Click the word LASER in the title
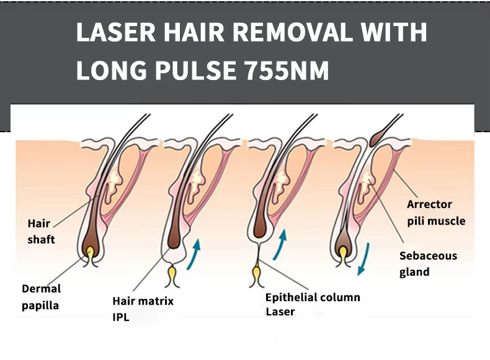pyautogui.click(x=112, y=32)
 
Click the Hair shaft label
pyautogui.click(x=41, y=232)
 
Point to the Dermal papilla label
pyautogui.click(x=41, y=297)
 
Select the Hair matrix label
pyautogui.click(x=143, y=301)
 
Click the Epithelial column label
pyautogui.click(x=313, y=297)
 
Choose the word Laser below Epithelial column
pyautogui.click(x=280, y=311)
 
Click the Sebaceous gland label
pyautogui.click(x=428, y=263)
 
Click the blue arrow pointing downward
pyautogui.click(x=365, y=258)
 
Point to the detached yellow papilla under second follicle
pyautogui.click(x=172, y=273)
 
